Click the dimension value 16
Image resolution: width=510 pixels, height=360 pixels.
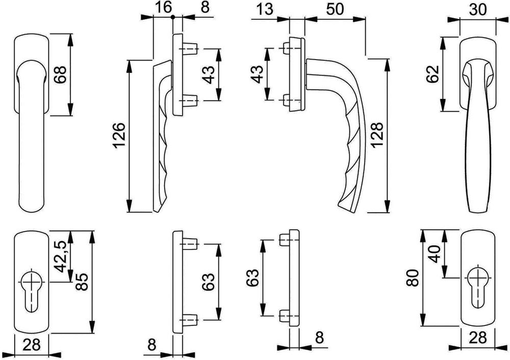[x=163, y=7]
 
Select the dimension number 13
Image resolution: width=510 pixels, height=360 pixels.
[x=265, y=9]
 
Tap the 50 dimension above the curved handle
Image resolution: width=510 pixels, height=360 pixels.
[x=335, y=9]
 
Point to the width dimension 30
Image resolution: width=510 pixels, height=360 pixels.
[x=478, y=9]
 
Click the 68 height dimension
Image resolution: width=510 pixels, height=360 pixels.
[x=61, y=74]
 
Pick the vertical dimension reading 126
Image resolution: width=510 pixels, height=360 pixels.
[x=118, y=135]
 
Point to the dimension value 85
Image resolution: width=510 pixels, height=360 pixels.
[x=82, y=282]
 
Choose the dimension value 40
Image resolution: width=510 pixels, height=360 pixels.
[x=435, y=254]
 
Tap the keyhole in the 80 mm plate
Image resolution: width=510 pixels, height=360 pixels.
[x=478, y=286]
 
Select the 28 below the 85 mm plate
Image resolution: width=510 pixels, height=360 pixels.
[x=32, y=344]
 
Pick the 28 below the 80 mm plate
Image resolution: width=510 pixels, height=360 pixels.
[x=478, y=338]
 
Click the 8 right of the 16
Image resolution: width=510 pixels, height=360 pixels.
[x=205, y=7]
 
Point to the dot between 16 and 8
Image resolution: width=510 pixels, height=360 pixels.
[x=173, y=17]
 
